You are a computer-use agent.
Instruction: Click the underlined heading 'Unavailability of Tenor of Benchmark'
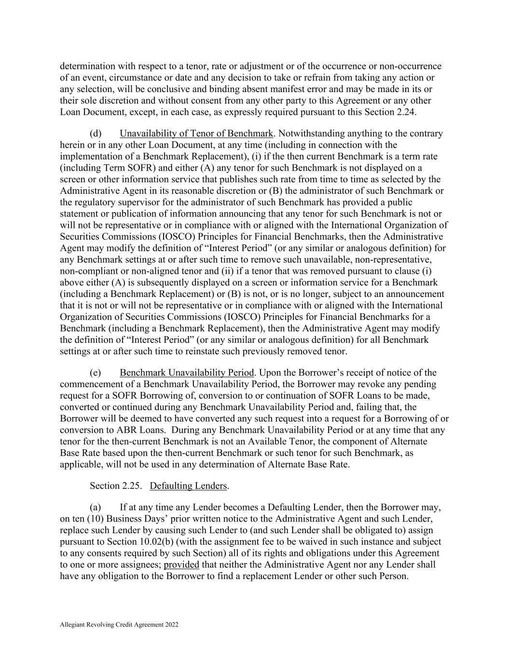[196, 134]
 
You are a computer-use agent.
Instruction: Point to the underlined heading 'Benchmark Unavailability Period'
[187, 373]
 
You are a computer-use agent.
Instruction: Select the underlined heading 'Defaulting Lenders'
[188, 486]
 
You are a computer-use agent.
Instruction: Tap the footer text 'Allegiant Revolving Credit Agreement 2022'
[119, 625]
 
